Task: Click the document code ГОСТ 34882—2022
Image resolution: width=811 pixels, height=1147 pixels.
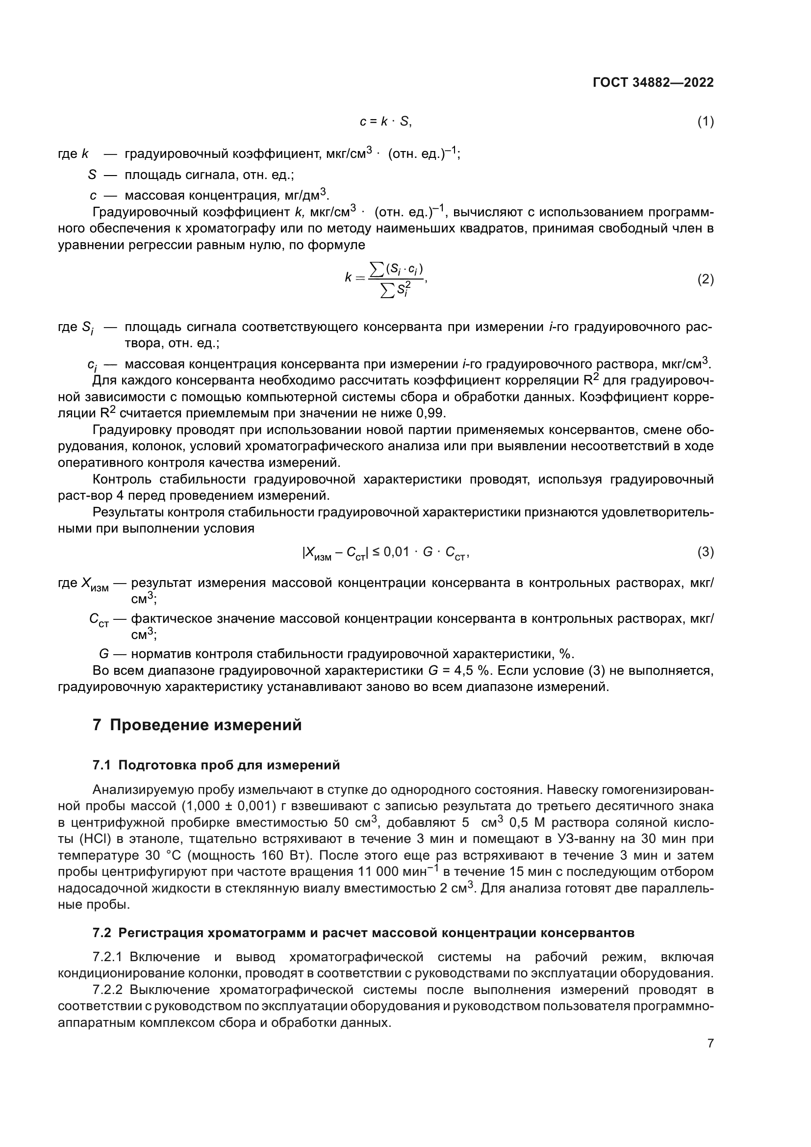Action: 653,82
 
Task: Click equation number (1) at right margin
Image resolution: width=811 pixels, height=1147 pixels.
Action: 705,122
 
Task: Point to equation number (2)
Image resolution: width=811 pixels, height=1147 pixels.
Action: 705,279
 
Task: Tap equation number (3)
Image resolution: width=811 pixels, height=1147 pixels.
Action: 705,552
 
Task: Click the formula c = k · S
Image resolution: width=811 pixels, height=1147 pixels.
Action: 385,122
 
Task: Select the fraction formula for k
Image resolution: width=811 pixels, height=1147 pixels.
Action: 387,280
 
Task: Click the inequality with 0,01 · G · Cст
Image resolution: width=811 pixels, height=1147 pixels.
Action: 385,553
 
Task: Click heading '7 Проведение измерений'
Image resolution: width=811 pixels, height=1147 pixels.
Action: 197,725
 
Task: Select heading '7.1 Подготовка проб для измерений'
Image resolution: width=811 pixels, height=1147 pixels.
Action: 216,765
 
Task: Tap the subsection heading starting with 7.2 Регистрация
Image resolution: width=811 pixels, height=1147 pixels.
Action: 363,918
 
